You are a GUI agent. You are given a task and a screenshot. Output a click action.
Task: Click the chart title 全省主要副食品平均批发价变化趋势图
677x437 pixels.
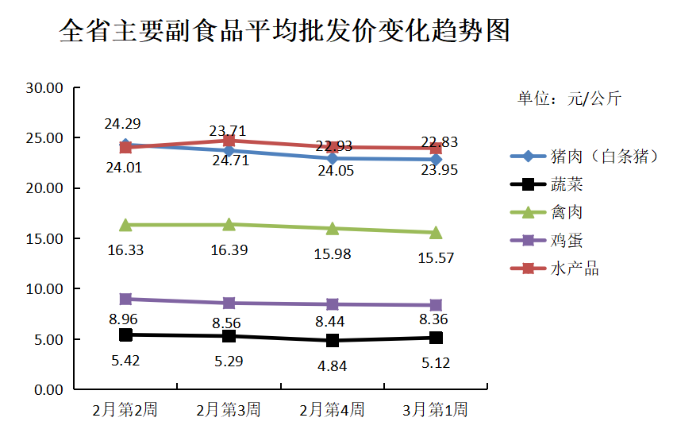[284, 31]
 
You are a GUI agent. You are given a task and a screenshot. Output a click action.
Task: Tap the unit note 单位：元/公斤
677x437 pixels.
[569, 99]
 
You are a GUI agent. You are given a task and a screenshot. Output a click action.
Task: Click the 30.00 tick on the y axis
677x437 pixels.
[44, 88]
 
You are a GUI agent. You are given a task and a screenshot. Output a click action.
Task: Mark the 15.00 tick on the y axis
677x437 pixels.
[44, 238]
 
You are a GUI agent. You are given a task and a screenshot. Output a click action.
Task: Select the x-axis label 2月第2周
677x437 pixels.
[125, 410]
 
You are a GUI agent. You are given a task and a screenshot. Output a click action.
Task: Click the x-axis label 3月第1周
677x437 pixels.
[435, 410]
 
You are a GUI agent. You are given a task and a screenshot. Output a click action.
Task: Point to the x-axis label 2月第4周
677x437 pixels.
[332, 410]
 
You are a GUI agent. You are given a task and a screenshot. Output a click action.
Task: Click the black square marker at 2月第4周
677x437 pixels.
[333, 340]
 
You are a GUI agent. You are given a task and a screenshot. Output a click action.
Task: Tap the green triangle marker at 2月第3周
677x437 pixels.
[229, 224]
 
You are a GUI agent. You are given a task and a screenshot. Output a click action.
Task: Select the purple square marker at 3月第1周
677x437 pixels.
[436, 305]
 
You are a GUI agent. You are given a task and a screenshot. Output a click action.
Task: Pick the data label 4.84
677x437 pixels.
[333, 366]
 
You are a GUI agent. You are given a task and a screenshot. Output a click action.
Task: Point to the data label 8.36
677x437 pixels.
[436, 319]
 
